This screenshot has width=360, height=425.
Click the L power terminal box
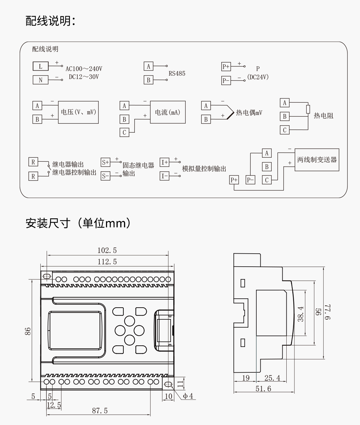click(x=41, y=66)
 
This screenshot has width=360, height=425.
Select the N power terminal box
click(x=41, y=80)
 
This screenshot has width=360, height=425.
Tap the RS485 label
click(x=177, y=74)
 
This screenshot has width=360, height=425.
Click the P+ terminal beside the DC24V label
click(x=226, y=66)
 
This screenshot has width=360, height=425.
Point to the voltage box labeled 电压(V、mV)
click(x=78, y=112)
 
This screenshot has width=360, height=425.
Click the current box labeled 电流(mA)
click(x=167, y=112)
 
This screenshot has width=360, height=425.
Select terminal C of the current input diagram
click(x=124, y=132)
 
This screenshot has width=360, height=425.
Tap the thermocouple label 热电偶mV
click(x=249, y=113)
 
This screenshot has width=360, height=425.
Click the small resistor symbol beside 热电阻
click(x=308, y=109)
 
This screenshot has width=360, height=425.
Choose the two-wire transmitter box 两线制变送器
click(x=317, y=160)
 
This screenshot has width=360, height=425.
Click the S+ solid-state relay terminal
click(x=105, y=162)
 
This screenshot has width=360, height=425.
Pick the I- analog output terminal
click(x=164, y=176)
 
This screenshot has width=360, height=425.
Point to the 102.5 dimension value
click(x=107, y=250)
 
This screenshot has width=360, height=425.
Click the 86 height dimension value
click(x=28, y=331)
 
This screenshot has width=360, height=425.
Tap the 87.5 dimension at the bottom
click(x=100, y=411)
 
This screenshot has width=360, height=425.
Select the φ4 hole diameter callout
click(x=188, y=396)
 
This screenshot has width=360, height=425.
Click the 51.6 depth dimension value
click(x=263, y=388)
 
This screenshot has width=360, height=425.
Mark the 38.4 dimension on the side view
click(x=301, y=314)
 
